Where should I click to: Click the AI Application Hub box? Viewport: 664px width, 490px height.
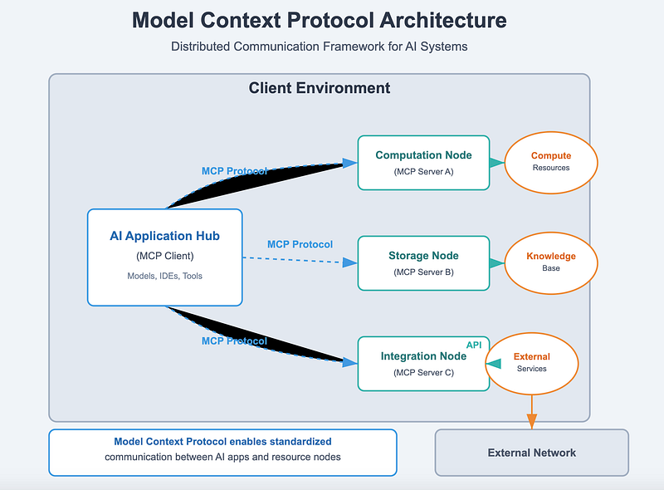pyautogui.click(x=164, y=257)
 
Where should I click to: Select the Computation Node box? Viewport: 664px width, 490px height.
pyautogui.click(x=423, y=163)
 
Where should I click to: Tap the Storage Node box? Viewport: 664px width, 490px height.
pyautogui.click(x=423, y=263)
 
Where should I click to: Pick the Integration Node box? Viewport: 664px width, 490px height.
pyautogui.click(x=423, y=364)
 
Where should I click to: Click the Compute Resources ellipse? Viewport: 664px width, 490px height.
pyautogui.click(x=551, y=163)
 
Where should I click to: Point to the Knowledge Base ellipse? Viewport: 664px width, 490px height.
pyautogui.click(x=551, y=263)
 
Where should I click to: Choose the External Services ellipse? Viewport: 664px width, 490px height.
pyautogui.click(x=532, y=364)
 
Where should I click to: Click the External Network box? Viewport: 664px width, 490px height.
pyautogui.click(x=532, y=453)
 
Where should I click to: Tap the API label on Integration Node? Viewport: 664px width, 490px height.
pyautogui.click(x=474, y=345)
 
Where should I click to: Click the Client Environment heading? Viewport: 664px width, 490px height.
pyautogui.click(x=320, y=88)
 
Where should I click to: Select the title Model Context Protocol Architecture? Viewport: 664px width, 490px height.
pyautogui.click(x=320, y=20)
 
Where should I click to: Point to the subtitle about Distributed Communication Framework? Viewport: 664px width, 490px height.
pyautogui.click(x=320, y=47)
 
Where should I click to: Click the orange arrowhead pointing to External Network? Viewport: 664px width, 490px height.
pyautogui.click(x=532, y=421)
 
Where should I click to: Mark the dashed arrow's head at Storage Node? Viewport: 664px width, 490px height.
pyautogui.click(x=349, y=262)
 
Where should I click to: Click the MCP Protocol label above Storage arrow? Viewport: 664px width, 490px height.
pyautogui.click(x=300, y=244)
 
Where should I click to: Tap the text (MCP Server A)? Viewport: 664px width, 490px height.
pyautogui.click(x=423, y=172)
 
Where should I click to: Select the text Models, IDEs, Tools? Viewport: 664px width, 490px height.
pyautogui.click(x=164, y=276)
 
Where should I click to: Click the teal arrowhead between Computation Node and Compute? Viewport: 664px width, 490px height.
pyautogui.click(x=496, y=163)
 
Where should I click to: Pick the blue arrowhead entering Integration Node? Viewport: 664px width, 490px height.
pyautogui.click(x=349, y=362)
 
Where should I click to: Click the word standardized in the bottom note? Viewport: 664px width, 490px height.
pyautogui.click(x=300, y=442)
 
